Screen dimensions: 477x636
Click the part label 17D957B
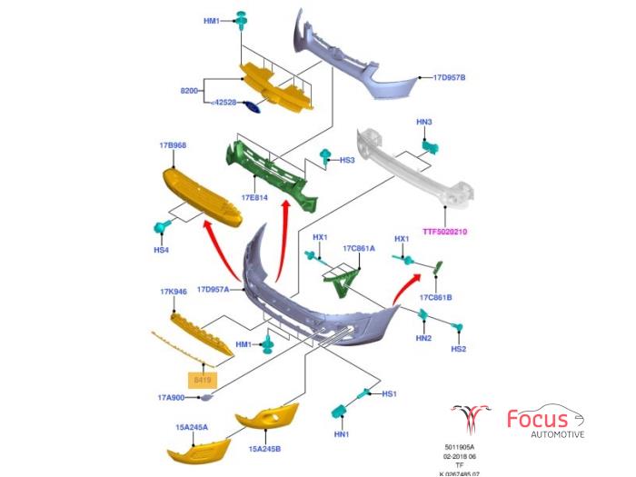449,77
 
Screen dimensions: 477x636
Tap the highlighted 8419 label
200,378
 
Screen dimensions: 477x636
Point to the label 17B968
173,145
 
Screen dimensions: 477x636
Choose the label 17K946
173,293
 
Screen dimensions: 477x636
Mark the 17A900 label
171,397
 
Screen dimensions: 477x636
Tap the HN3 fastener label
424,122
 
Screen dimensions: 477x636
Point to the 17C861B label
436,297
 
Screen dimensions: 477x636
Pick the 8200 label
189,91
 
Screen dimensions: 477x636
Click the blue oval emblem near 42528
254,107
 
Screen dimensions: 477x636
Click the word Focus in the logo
538,420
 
